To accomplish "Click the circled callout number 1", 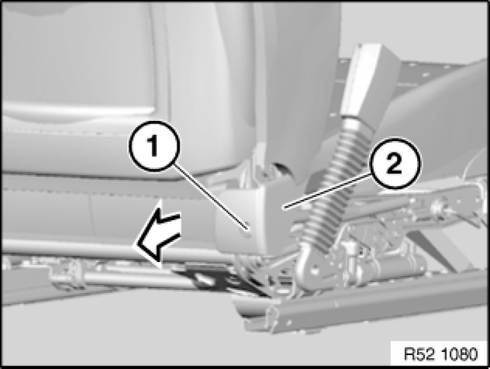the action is coord(155,146).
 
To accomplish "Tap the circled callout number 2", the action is coord(394,163).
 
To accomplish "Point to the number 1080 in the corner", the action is coord(460,354).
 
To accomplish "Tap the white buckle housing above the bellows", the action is coord(362,81).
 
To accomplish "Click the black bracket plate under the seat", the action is coord(212,279).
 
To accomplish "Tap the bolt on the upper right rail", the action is coord(437,207).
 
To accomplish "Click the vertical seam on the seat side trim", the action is coord(91,216).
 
